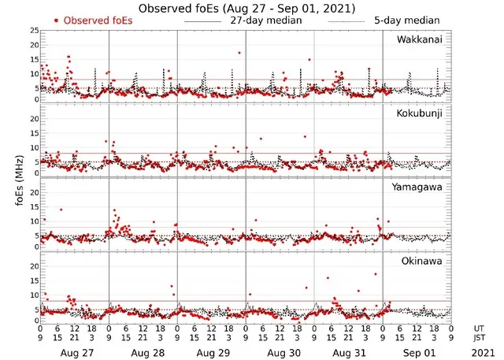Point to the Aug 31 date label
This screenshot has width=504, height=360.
(348, 354)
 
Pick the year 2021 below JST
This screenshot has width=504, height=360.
(480, 354)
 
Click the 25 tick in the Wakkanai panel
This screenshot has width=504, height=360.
(34, 30)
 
